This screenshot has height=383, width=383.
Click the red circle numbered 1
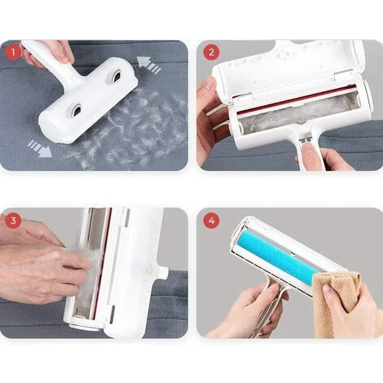click(x=13, y=53)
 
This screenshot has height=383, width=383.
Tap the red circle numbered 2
click(x=211, y=52)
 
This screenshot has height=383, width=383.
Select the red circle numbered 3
click(x=13, y=220)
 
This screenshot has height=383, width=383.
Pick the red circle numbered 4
click(x=211, y=220)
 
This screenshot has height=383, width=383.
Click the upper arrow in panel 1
click(x=148, y=65)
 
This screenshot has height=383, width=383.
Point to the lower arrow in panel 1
click(x=40, y=148)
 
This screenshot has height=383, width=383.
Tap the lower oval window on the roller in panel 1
click(x=77, y=109)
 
